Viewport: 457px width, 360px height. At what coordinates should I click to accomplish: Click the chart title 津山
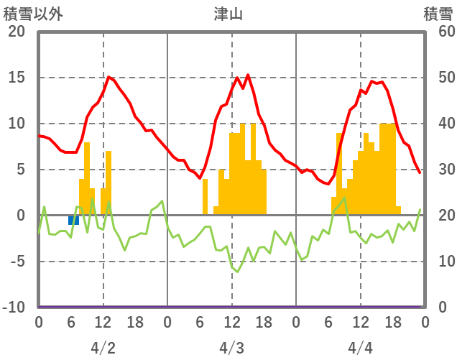point(228,14)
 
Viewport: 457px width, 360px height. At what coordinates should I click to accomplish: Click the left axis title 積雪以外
point(33,14)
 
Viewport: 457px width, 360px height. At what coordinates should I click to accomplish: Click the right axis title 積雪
point(438,14)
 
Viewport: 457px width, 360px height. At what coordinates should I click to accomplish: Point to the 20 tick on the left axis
point(17,32)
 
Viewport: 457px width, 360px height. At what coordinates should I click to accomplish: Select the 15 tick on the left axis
point(17,78)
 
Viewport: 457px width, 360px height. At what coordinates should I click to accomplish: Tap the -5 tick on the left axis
point(17,262)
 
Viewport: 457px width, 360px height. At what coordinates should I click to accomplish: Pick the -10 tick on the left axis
point(14,308)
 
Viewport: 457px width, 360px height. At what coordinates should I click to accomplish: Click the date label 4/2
point(103,348)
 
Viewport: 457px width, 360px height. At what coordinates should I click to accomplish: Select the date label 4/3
point(231,348)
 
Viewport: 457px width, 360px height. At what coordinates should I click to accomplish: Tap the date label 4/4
point(360,348)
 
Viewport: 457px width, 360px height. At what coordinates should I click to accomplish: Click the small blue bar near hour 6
point(73,220)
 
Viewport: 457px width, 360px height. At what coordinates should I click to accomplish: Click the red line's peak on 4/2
point(109,77)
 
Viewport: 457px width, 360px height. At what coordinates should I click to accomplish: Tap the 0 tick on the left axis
point(19,216)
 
